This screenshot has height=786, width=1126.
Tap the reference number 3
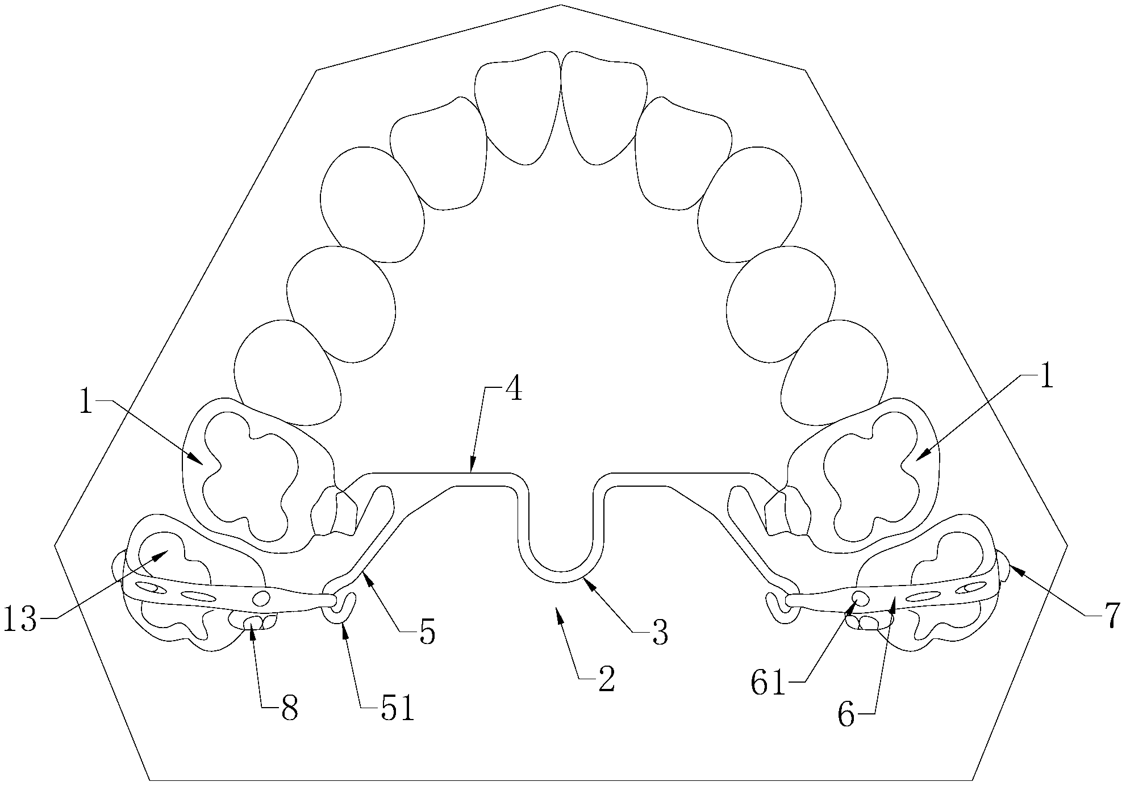(x=659, y=632)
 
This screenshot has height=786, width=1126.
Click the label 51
(x=396, y=709)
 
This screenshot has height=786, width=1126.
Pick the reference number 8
(x=289, y=709)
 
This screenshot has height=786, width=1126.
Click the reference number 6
(x=846, y=716)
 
